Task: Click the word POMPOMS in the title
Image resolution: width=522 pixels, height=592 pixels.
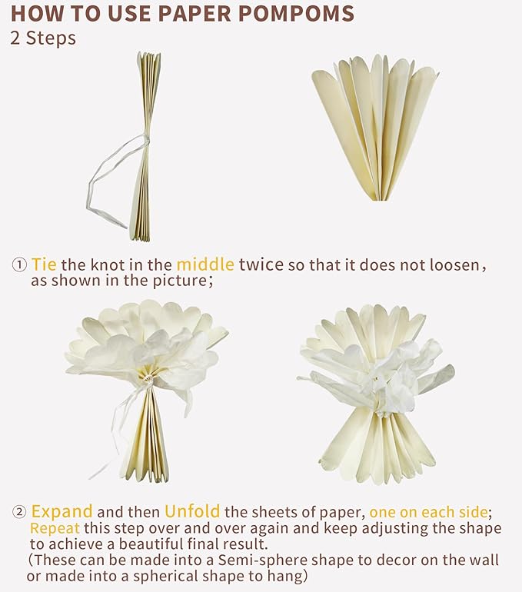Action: tap(296, 13)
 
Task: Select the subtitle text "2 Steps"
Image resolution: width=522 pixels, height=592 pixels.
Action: tap(43, 38)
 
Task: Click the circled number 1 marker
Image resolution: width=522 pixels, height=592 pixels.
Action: tap(19, 264)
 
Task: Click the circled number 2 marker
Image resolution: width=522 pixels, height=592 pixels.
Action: tap(19, 512)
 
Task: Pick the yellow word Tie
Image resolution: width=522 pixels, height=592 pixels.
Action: tap(44, 264)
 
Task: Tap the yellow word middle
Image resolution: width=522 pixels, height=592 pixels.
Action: tap(205, 264)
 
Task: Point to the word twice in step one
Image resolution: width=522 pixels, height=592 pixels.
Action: tap(261, 264)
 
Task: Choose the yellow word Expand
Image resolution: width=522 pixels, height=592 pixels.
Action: tap(62, 512)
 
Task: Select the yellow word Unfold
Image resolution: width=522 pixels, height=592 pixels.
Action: tap(192, 511)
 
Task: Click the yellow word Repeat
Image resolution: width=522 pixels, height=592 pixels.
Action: tap(55, 528)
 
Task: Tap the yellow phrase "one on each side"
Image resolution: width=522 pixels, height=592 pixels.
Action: tap(428, 512)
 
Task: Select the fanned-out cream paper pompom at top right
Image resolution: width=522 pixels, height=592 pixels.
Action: tap(375, 128)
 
